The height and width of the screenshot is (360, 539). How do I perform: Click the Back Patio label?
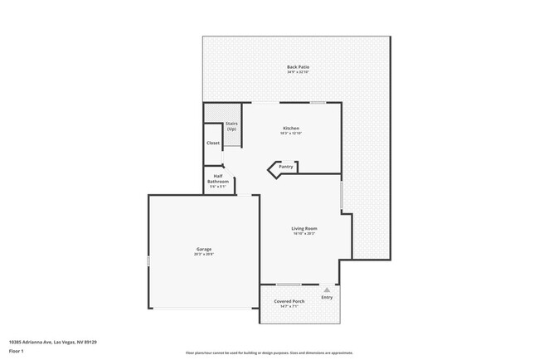[298, 66]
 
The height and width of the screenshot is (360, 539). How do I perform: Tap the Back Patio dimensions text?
[298, 72]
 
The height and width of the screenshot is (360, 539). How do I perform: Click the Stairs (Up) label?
[231, 126]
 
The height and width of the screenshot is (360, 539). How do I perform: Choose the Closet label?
[213, 143]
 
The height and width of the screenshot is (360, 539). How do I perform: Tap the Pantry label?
[286, 167]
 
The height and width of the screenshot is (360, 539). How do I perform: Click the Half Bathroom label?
[217, 178]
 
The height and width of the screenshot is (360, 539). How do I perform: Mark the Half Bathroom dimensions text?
[217, 187]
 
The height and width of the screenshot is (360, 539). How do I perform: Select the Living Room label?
[303, 228]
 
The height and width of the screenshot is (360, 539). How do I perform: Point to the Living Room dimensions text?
[303, 234]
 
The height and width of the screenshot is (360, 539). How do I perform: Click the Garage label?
[203, 249]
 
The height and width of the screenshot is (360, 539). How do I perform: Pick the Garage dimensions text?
[203, 255]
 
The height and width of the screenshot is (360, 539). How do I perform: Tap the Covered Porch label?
[289, 301]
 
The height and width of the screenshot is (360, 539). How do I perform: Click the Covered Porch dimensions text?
[289, 307]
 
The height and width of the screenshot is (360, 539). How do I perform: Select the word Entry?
[327, 297]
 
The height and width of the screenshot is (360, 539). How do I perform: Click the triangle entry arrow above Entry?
[327, 289]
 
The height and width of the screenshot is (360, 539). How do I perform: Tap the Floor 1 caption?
[16, 351]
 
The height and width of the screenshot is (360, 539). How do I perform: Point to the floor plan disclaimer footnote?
[269, 353]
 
